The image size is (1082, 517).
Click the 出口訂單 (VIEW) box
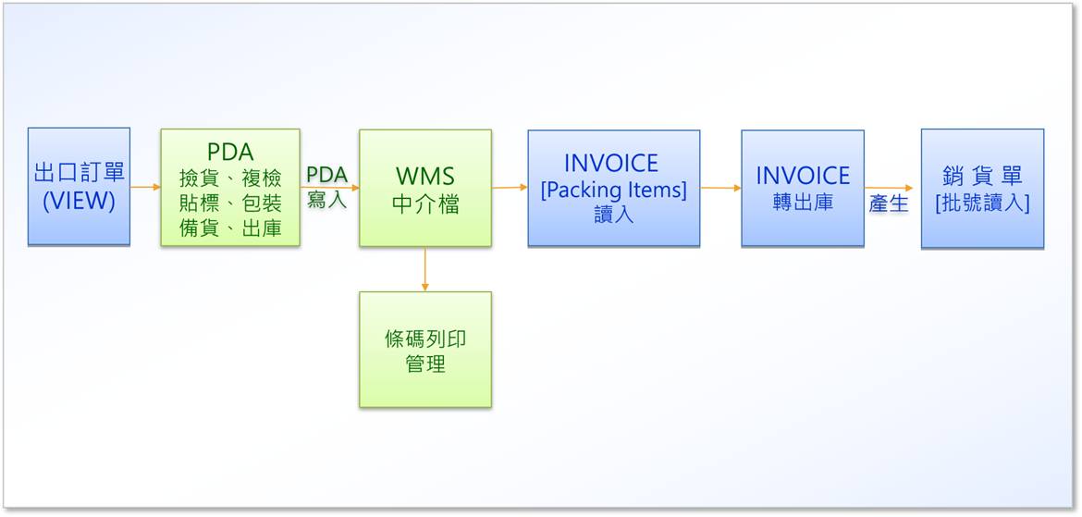(x=79, y=187)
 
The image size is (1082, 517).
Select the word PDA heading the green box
(x=230, y=152)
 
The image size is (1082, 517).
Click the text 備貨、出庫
(x=229, y=228)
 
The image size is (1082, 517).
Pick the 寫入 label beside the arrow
(x=327, y=202)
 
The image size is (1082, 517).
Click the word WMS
(x=425, y=176)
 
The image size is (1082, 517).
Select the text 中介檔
(x=425, y=205)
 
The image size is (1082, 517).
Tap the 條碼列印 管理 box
(x=425, y=350)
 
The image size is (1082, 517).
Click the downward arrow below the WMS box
(x=425, y=268)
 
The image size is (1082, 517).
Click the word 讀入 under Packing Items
(x=613, y=215)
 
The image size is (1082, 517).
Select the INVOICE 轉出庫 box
(x=803, y=188)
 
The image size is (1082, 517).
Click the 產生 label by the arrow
(x=889, y=204)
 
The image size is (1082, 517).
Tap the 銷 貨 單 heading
(x=983, y=176)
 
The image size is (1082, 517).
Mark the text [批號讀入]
(x=983, y=204)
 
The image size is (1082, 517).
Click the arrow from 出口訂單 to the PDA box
(x=145, y=187)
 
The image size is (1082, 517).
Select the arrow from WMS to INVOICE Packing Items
(x=510, y=187)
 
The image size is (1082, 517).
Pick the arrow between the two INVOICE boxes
(x=721, y=188)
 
